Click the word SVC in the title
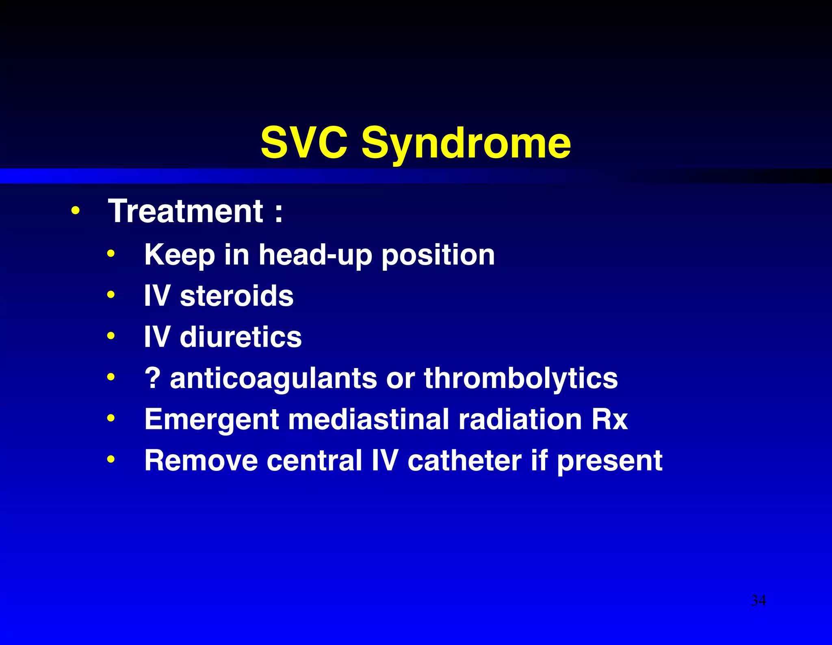(304, 142)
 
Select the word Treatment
(186, 211)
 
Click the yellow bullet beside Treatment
(75, 211)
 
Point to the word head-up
(315, 255)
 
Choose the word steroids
(236, 296)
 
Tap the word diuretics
(240, 337)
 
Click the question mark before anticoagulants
(153, 378)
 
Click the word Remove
(201, 460)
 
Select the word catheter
(464, 460)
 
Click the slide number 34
(758, 600)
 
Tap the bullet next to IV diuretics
(111, 336)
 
